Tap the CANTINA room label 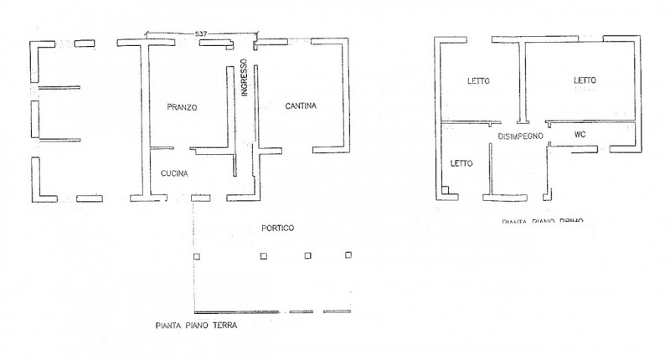point(300,105)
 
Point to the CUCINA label point(175,173)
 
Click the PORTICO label point(277,228)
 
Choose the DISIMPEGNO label point(522,136)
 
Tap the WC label point(579,135)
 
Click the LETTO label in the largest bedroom point(585,80)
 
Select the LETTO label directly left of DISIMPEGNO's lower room point(461,163)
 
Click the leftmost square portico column point(196,255)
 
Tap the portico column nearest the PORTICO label point(263,255)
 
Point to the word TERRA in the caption point(224,327)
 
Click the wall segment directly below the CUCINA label point(199,198)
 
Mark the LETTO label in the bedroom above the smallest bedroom point(478,80)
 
